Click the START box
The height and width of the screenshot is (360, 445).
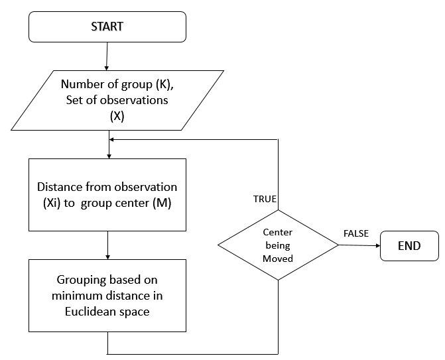[x=107, y=27]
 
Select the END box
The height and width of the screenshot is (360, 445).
[x=409, y=245]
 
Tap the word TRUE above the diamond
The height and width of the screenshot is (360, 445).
[x=265, y=199]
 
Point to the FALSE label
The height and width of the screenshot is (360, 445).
[x=356, y=234]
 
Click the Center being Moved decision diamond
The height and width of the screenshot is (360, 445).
[x=278, y=245]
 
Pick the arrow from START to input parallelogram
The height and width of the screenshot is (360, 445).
[x=107, y=56]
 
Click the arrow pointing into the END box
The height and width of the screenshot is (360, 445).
[x=359, y=245]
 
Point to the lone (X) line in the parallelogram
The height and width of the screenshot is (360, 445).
[x=107, y=115]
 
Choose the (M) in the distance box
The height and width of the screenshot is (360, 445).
[x=162, y=203]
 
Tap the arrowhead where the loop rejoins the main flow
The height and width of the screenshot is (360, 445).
[x=111, y=140]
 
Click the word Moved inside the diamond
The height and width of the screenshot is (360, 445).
[x=278, y=258]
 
